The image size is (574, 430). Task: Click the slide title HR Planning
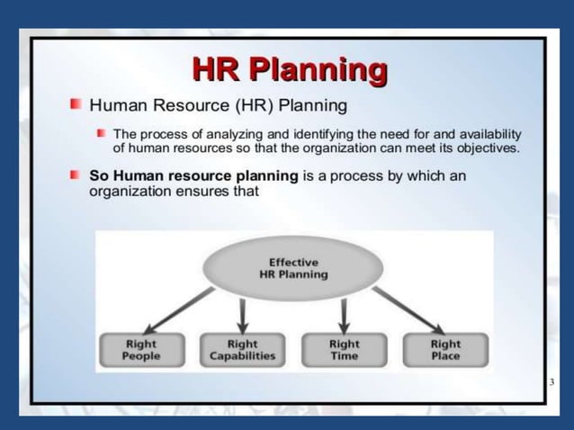pyautogui.click(x=291, y=69)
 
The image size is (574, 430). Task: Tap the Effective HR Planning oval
pyautogui.click(x=292, y=268)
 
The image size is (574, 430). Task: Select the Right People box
pyautogui.click(x=140, y=350)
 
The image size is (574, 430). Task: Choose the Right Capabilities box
pyautogui.click(x=242, y=350)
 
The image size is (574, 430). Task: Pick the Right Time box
pyautogui.click(x=344, y=350)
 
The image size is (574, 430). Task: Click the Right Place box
pyautogui.click(x=445, y=350)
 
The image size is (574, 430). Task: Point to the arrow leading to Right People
pyautogui.click(x=181, y=310)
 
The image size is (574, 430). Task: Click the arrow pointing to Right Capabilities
pyautogui.click(x=242, y=314)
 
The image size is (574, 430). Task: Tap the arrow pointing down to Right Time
pyautogui.click(x=344, y=314)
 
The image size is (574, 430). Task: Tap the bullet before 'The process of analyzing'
pyautogui.click(x=102, y=134)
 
